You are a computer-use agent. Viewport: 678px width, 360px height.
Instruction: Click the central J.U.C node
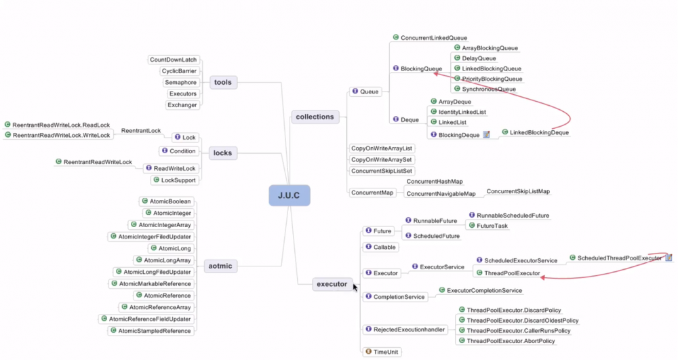(289, 196)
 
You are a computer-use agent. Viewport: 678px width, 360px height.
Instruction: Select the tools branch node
(222, 82)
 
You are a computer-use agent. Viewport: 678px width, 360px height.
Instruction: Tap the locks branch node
(222, 153)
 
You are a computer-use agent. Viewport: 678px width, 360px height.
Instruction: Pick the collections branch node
(315, 117)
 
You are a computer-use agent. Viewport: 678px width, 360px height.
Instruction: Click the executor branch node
(332, 284)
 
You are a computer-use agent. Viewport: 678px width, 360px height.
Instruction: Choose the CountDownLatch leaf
(173, 60)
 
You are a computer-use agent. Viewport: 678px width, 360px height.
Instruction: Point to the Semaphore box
(180, 82)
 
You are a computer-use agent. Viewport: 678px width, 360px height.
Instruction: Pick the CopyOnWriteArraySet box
(382, 159)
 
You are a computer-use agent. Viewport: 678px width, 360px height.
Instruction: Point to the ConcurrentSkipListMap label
(518, 192)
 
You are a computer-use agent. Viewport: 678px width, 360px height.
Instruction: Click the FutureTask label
(492, 226)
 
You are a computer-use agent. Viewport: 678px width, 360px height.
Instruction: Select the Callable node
(384, 247)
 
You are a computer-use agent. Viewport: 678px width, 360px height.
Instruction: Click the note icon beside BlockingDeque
(486, 135)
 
